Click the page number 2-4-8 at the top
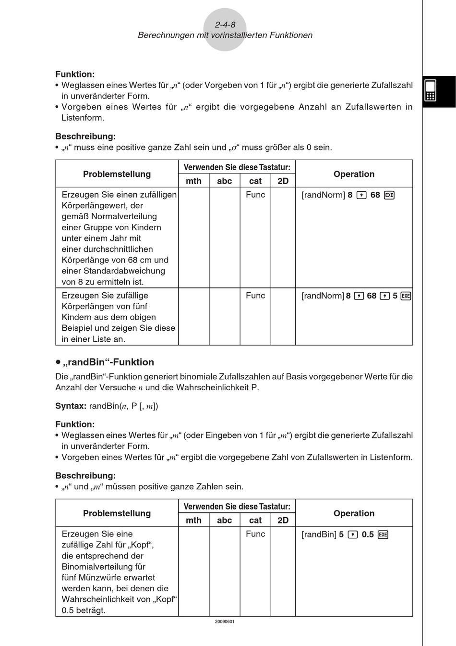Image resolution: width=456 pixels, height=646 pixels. tap(225, 25)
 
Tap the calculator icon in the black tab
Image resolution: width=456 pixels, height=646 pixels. tap(431, 90)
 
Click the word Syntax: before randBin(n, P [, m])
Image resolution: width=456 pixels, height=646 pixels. tap(71, 406)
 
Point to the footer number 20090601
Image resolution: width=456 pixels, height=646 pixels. tap(225, 621)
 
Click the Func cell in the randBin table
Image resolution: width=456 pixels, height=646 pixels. tap(255, 534)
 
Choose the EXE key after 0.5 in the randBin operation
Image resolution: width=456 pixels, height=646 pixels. tap(383, 534)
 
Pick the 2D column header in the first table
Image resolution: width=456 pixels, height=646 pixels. tap(283, 181)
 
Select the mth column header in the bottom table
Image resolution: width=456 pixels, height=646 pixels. tap(193, 520)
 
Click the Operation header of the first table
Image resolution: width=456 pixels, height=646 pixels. tap(354, 174)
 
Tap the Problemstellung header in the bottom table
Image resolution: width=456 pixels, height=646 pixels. tap(117, 513)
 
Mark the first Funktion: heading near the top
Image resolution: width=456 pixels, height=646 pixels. tap(75, 74)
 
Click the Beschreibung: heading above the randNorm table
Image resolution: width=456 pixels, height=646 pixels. tap(85, 137)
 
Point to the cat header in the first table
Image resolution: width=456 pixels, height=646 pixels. tap(255, 181)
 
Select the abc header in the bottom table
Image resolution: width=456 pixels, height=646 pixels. tap(224, 520)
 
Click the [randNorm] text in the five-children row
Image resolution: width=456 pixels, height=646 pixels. tap(323, 296)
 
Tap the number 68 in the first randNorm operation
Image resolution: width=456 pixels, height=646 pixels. tap(375, 195)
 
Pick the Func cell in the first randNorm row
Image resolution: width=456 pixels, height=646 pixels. tap(255, 195)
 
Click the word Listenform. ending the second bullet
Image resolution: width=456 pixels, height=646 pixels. tap(83, 118)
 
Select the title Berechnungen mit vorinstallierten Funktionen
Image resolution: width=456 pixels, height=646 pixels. tap(225, 35)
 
